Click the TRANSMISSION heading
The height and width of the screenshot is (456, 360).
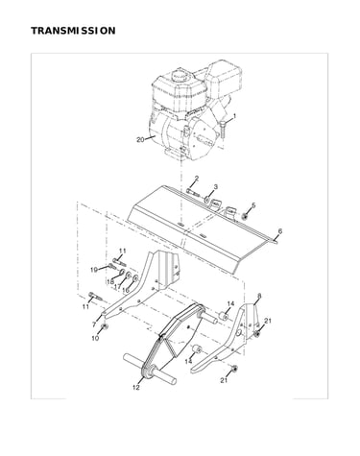[x=73, y=31]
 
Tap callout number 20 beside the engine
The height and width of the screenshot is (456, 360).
[x=140, y=140]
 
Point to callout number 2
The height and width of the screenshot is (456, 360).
[x=197, y=179]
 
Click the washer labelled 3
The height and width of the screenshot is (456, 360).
[x=207, y=201]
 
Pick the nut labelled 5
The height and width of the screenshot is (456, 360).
[x=245, y=216]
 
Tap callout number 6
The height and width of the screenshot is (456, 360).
[x=280, y=231]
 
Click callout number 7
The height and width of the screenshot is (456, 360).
[x=94, y=324]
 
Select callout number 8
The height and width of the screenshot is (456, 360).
[x=259, y=297]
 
